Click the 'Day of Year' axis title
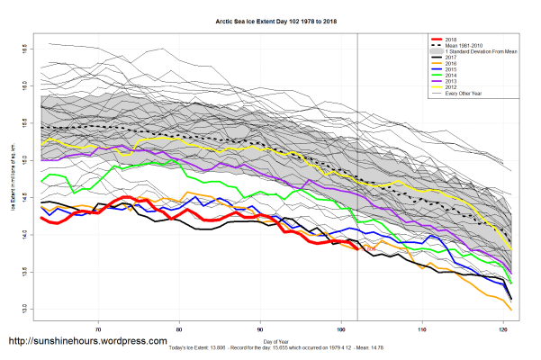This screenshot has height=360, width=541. tap(270, 339)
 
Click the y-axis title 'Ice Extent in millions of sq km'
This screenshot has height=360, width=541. tap(12, 180)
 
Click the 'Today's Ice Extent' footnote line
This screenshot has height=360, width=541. tap(270, 347)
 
